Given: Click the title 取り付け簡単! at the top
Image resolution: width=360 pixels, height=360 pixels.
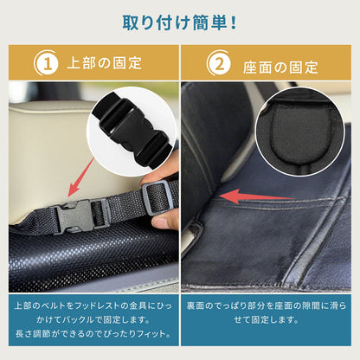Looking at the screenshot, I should pyautogui.click(x=179, y=21).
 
